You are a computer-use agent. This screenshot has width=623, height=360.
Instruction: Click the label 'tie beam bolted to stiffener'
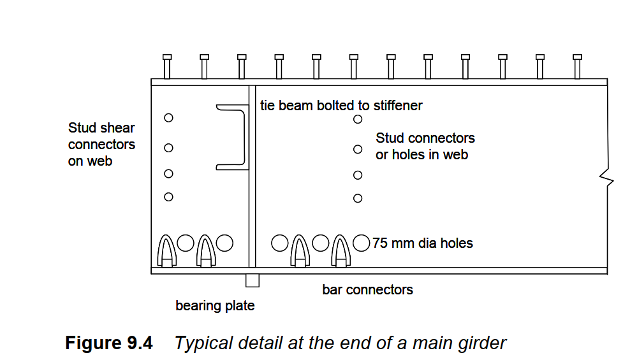pos(341,105)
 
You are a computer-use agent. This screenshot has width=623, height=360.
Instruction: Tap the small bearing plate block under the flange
pos(253,280)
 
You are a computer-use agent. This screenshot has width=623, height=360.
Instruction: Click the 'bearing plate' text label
pos(215,306)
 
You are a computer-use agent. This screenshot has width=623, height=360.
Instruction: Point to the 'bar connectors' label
pos(367,290)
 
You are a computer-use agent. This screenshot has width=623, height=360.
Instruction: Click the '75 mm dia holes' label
pos(423,243)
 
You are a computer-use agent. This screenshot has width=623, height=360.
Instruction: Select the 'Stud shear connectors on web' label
pos(101,145)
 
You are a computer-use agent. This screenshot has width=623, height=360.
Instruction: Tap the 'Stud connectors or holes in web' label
pos(425,146)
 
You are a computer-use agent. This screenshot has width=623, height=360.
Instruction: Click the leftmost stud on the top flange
pos(167,66)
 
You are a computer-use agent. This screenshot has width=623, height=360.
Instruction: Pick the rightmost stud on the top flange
pos(577,66)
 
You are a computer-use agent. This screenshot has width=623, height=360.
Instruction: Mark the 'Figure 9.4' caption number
pos(109,343)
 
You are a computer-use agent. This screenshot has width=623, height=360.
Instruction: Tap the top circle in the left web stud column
pos(168,118)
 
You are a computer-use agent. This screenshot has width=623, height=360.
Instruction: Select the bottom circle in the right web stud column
pos(358,198)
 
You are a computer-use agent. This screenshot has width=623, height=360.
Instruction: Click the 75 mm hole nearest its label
pos(362,243)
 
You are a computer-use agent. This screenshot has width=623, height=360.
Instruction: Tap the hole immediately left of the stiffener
pos(224,243)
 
